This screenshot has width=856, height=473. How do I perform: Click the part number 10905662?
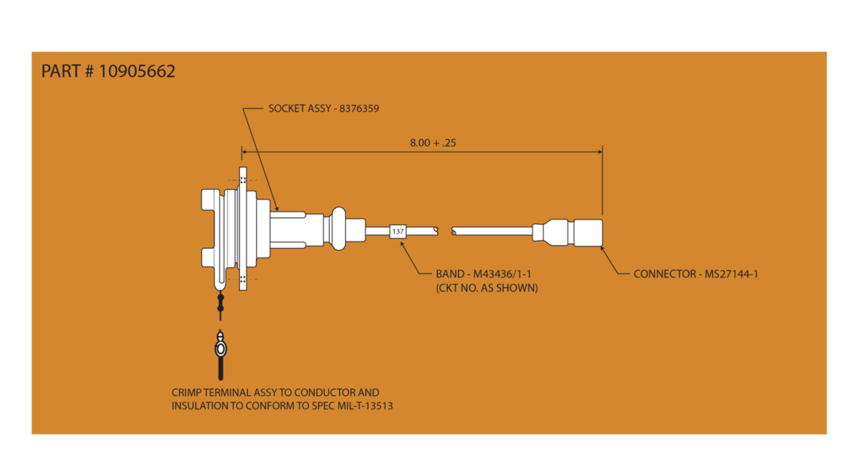pos(137,72)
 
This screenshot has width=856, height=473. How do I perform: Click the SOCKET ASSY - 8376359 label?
pos(323,108)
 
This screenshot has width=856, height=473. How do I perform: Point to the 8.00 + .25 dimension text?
pos(432,143)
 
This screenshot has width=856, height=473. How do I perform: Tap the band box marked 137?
pos(397,231)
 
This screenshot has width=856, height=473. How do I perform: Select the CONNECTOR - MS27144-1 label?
pos(695,274)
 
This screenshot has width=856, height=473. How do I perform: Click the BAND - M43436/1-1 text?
pos(483,274)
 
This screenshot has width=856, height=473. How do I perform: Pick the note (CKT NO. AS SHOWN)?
pos(486,288)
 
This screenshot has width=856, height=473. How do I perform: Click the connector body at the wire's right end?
pos(587,231)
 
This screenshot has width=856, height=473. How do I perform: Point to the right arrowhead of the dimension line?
pos(598,151)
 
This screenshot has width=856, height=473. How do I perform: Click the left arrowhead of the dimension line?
pos(245,151)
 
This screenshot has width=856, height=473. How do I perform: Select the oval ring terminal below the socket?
pos(221,348)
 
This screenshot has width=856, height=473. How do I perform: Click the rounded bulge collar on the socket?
pos(339,231)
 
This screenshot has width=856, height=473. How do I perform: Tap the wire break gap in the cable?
pos(444,231)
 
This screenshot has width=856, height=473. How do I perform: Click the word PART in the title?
pos(61,72)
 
